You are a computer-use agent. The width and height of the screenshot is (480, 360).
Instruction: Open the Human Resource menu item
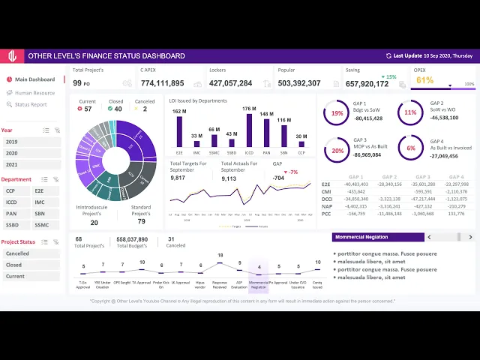[x=34, y=93]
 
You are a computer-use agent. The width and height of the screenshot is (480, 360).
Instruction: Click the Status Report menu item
[x=31, y=104]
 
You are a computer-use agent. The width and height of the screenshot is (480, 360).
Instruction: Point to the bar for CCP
[x=301, y=144]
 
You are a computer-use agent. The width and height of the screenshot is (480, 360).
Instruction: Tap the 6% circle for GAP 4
[x=411, y=148]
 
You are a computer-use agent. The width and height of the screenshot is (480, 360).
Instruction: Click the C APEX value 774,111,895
[x=162, y=83]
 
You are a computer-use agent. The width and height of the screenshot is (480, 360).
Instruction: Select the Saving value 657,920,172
[x=367, y=84]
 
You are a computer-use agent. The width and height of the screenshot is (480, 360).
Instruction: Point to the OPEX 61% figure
[x=424, y=80]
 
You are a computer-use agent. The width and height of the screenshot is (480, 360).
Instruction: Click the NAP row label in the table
[x=326, y=205]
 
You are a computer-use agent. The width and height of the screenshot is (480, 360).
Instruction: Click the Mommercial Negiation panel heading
[x=362, y=237]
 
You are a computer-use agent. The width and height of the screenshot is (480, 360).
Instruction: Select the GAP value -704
[x=278, y=178]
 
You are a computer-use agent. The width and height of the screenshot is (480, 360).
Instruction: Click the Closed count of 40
[x=118, y=109]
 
